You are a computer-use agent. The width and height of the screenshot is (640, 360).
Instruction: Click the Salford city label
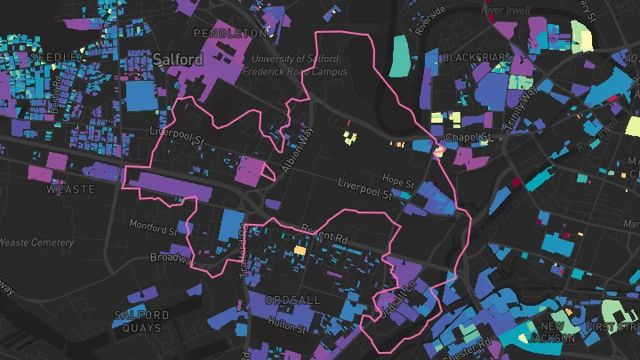point(171,60)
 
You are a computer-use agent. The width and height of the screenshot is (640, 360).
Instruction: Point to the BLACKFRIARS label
point(478,58)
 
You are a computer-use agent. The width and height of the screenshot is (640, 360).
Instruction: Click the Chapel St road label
point(468,138)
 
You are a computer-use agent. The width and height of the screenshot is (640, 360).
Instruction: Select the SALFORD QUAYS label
point(141,322)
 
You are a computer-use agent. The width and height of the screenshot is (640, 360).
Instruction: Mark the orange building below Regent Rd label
point(300,251)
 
